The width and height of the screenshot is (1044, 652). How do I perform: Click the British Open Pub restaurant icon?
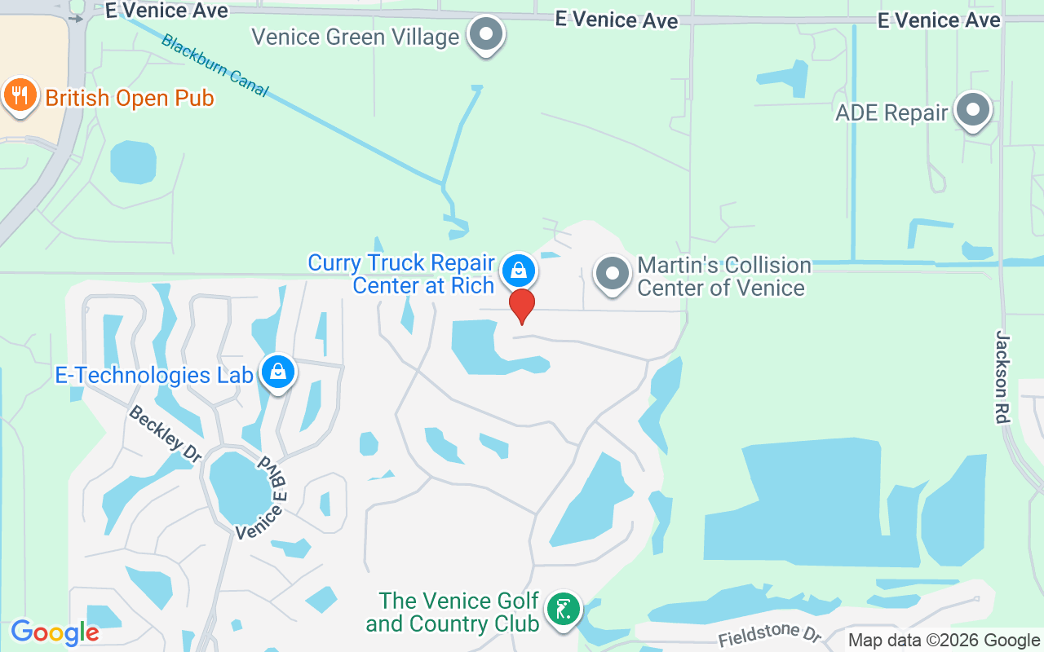coord(20,96)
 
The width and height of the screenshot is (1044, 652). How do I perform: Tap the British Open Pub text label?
coord(130,99)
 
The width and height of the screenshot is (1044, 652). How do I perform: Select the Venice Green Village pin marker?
coord(487,35)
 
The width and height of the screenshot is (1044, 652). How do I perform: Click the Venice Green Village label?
coord(356,37)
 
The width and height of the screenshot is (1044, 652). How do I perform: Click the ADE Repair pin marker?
coord(972,110)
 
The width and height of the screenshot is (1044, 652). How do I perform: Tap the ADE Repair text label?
coord(891,112)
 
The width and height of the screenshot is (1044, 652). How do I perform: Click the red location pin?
coord(522,305)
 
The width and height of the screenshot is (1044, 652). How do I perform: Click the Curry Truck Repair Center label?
coord(401,274)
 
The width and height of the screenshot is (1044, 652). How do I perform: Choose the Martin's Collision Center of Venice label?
coord(723,276)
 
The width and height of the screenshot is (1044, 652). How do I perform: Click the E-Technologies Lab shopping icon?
coord(278,372)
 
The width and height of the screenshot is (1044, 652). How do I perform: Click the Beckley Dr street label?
coord(165,434)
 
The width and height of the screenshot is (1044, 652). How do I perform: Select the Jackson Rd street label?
coord(1002,376)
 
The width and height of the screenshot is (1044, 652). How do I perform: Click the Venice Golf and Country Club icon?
coord(563,609)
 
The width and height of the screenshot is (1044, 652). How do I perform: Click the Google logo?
coord(55,632)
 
